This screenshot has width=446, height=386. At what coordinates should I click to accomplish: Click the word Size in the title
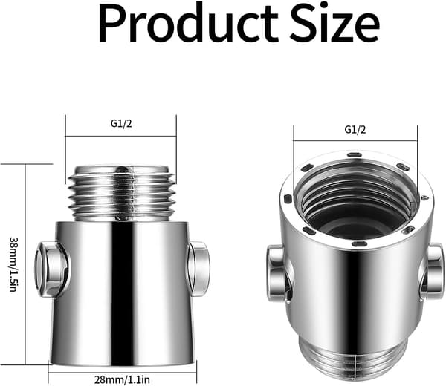tap(335, 24)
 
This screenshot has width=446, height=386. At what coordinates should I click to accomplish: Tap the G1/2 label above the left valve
tap(121, 123)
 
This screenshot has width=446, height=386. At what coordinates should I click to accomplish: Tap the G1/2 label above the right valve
tap(355, 129)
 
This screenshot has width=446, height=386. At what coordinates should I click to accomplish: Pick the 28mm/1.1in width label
tap(122, 379)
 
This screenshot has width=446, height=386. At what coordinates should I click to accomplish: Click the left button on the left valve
tap(52, 269)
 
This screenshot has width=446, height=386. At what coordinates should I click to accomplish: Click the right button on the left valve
tap(198, 269)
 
